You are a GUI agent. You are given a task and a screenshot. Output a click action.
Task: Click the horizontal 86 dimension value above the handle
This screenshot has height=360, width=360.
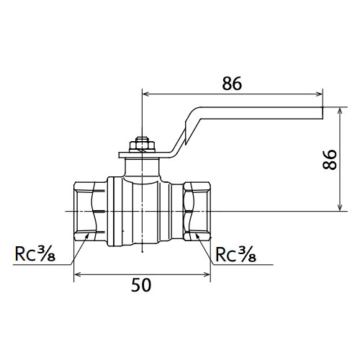(x=232, y=84)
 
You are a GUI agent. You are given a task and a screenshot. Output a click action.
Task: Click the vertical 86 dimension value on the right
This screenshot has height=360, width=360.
(x=330, y=160)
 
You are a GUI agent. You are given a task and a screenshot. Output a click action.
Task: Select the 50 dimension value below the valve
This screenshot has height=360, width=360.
(x=141, y=285)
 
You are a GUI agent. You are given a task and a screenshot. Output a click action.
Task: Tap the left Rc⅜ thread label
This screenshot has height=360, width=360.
(x=35, y=254)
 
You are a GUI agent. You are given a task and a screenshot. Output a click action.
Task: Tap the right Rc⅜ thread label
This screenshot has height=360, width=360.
(x=235, y=254)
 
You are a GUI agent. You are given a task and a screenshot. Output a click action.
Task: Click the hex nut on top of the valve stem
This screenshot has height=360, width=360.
(x=142, y=145)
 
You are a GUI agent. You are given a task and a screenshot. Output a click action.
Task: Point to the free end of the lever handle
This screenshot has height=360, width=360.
(x=322, y=113)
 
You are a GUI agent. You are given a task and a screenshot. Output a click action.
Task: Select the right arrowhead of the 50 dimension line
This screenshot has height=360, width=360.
(x=207, y=274)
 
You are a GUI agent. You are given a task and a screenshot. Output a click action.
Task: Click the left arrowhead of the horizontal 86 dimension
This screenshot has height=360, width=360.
(x=146, y=94)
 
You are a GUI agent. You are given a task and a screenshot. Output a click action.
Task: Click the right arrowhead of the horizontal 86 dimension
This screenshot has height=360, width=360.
(x=319, y=94)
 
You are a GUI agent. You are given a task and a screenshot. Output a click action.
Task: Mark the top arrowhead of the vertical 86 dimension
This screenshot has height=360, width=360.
(x=340, y=112)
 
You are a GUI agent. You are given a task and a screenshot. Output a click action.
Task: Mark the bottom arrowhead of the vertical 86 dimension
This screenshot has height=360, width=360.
(x=340, y=207)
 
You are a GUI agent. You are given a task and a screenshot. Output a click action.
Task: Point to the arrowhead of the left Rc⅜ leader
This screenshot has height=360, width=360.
(x=86, y=237)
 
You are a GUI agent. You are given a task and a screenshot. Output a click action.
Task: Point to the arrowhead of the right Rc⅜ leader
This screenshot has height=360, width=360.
(x=198, y=236)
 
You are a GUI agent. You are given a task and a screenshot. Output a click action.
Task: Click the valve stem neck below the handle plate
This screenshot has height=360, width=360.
(x=142, y=168)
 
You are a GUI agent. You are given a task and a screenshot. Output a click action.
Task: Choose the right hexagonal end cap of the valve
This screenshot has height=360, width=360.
(x=197, y=211)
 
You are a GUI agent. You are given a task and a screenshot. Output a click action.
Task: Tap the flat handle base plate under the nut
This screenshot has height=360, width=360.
(x=142, y=155)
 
